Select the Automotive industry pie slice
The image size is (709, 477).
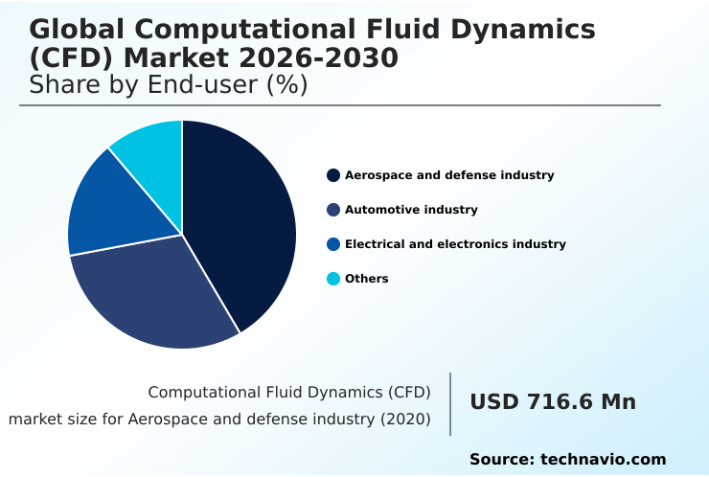tap(158, 292)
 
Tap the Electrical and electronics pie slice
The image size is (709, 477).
tap(115, 206)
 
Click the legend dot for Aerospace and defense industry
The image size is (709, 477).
tap(333, 175)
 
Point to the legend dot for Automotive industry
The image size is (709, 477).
tap(333, 210)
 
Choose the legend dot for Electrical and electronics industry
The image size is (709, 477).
tap(333, 244)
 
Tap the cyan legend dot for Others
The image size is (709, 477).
tap(333, 279)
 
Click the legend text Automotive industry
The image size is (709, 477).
tap(411, 210)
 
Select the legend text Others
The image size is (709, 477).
tap(367, 279)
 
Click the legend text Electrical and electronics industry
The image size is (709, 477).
tap(455, 244)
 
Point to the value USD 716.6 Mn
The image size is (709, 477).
tap(553, 402)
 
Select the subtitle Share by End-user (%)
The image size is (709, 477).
tap(168, 85)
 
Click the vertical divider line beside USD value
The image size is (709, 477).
tap(450, 403)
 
